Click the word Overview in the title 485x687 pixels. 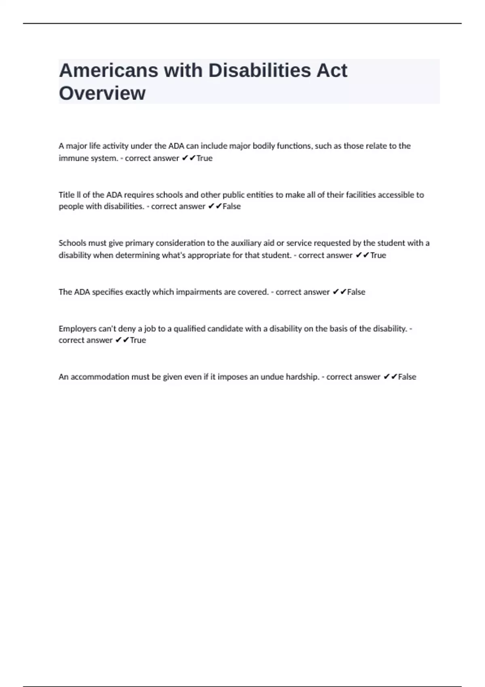102,93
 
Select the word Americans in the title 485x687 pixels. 108,70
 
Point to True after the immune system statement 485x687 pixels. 204,158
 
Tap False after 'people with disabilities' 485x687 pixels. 232,206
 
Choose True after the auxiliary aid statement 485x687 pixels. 378,255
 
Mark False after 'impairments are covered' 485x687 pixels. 356,292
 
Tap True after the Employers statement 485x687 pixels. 138,340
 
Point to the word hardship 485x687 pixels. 302,377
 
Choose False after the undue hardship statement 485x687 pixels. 407,377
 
